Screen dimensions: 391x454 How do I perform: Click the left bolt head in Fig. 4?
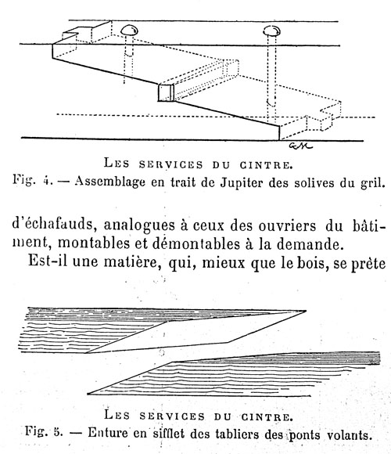click(129, 30)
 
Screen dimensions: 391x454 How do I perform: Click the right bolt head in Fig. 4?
click(272, 30)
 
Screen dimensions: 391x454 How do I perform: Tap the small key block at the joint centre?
click(167, 92)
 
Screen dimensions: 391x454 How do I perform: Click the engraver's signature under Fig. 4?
click(301, 146)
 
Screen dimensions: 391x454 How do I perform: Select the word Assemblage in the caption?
click(110, 182)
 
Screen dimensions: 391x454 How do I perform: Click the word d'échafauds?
click(54, 224)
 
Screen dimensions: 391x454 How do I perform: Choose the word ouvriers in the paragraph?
click(287, 226)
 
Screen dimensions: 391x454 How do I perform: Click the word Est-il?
click(48, 261)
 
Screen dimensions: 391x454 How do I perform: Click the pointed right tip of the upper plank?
click(306, 311)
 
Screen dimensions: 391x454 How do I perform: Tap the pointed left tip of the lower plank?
click(88, 394)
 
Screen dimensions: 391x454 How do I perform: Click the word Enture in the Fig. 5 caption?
click(108, 433)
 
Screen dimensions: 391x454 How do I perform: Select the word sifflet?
click(169, 434)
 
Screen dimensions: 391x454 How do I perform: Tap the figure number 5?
click(58, 432)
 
